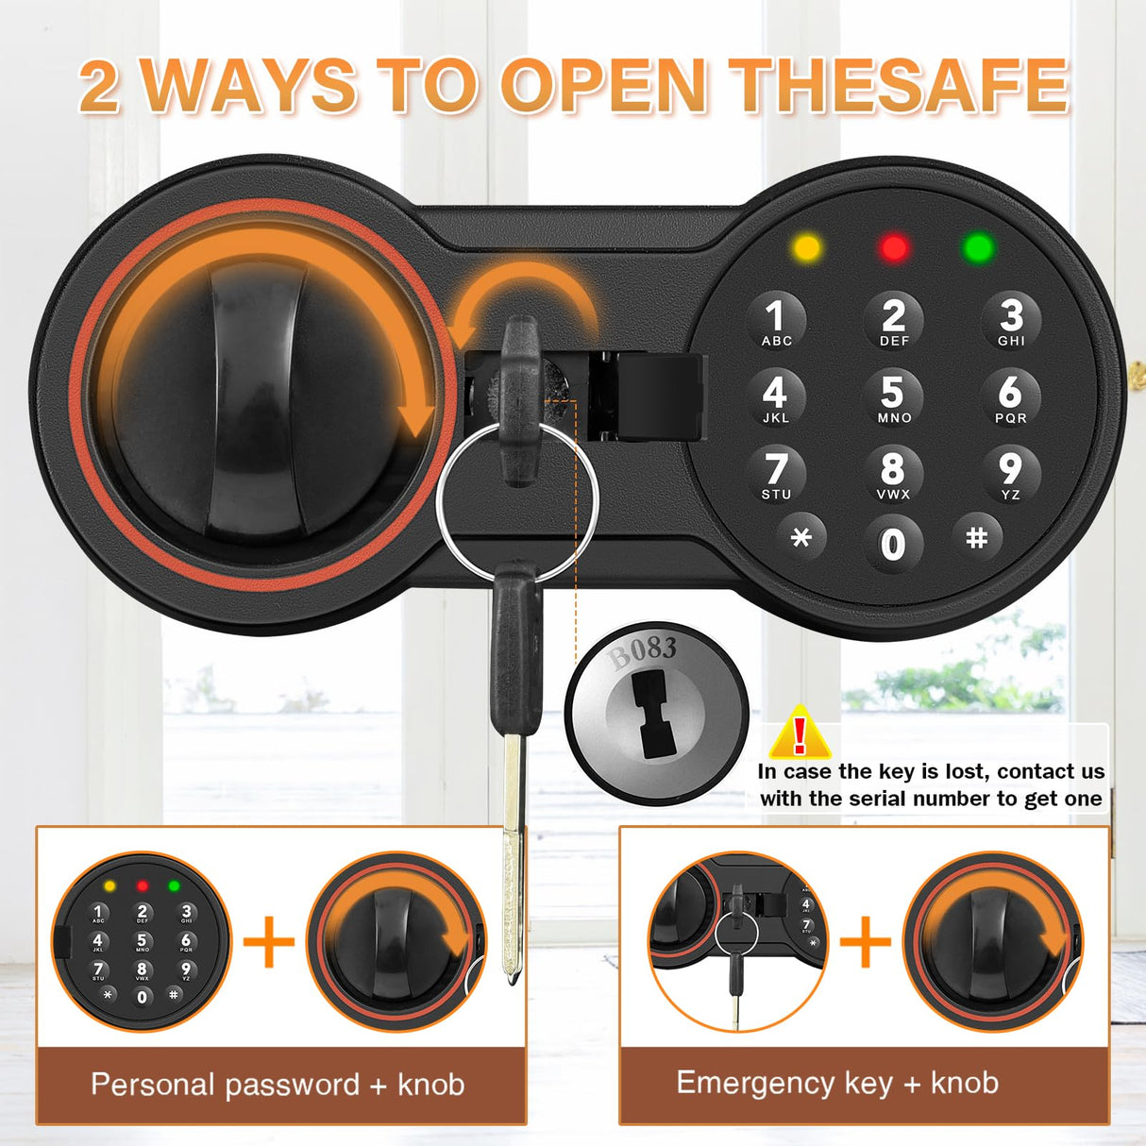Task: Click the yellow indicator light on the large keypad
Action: click(x=807, y=248)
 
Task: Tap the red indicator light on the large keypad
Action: click(x=893, y=248)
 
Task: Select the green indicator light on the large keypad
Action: click(x=978, y=248)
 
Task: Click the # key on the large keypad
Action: click(x=976, y=537)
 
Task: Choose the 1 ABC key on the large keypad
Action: click(x=776, y=320)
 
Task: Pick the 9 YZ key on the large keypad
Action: click(x=1010, y=473)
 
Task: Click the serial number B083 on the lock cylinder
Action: click(x=643, y=650)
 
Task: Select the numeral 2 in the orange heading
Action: click(x=99, y=87)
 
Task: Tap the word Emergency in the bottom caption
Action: click(x=755, y=1083)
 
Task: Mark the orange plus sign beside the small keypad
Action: click(x=269, y=941)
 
